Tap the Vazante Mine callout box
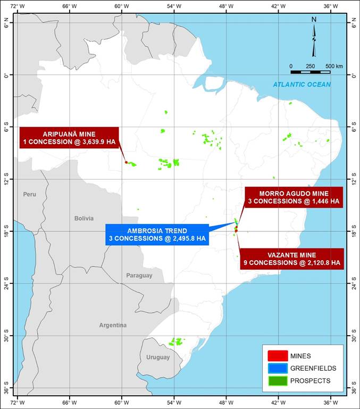(291, 258)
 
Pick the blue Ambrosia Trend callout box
(157, 235)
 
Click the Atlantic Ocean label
(302, 85)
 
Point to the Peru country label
(30, 195)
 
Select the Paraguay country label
(139, 276)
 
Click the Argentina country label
(113, 325)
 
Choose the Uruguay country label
(158, 357)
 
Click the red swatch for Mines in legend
(277, 355)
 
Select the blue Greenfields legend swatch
(277, 368)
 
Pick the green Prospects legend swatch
(277, 381)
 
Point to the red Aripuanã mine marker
(126, 162)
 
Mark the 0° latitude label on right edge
(354, 76)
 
